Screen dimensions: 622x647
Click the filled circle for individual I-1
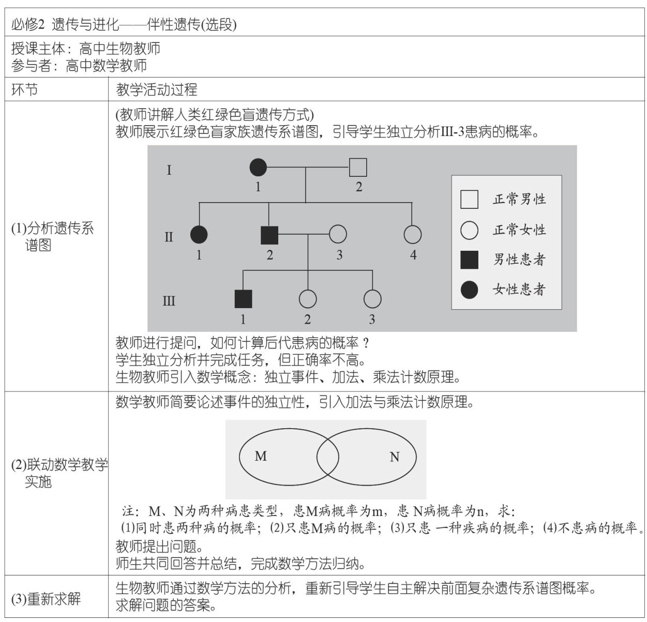(258, 168)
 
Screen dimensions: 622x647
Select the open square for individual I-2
(358, 168)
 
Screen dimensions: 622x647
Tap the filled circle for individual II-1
(199, 235)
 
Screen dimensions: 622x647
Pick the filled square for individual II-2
(269, 235)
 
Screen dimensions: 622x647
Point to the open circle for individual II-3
(338, 235)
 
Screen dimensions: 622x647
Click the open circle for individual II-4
(412, 235)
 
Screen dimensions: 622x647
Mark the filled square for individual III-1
(243, 299)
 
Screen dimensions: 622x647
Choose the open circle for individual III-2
(308, 299)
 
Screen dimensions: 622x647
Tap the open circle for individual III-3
(372, 299)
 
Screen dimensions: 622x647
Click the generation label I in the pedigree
(169, 170)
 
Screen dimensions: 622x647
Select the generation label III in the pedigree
(169, 301)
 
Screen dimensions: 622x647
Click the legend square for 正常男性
(469, 199)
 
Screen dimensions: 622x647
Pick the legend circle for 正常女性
(469, 230)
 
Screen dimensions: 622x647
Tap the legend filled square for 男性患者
(469, 260)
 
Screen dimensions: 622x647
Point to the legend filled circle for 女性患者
(469, 290)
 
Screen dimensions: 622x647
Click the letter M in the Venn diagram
(261, 456)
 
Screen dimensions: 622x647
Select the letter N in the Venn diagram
(395, 457)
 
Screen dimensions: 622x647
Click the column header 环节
(25, 90)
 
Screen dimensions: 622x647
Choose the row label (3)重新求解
(46, 599)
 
